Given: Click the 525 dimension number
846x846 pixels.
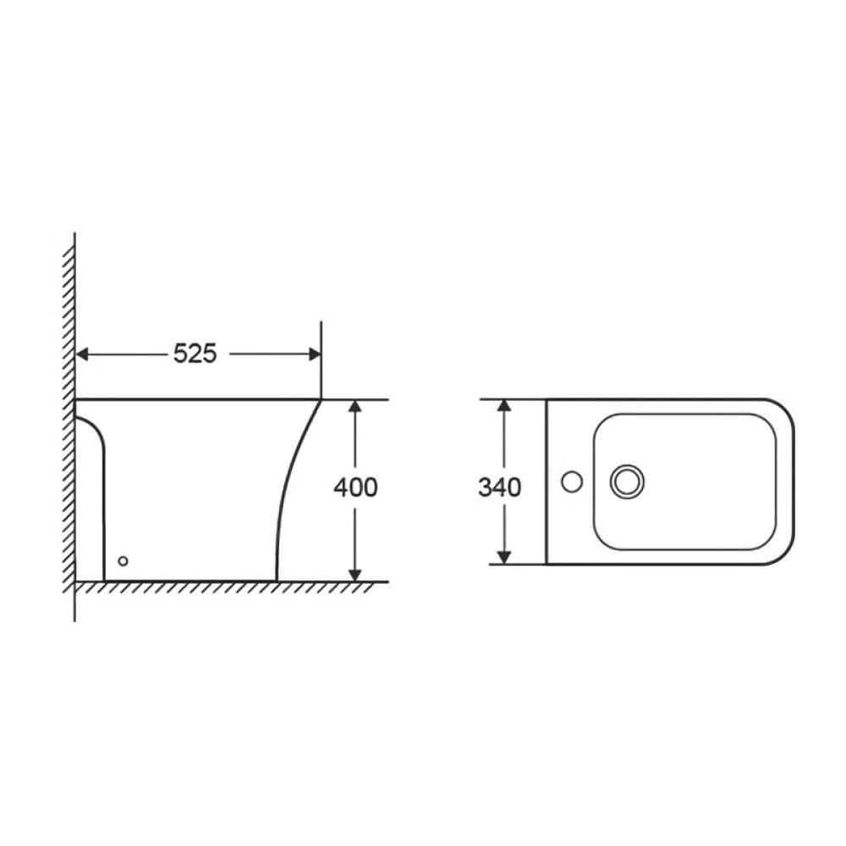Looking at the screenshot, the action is point(195,354).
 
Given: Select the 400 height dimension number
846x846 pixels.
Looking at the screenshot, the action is point(355,488).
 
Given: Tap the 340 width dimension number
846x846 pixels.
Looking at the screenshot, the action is point(500,488).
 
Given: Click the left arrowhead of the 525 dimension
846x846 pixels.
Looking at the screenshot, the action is point(81,354).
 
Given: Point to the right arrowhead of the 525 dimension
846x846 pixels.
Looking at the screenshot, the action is point(315,354).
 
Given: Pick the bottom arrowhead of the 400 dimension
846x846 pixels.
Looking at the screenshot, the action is point(354,575).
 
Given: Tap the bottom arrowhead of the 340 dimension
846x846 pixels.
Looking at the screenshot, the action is point(503,558).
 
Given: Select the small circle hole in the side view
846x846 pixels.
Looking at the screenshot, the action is point(123,561).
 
